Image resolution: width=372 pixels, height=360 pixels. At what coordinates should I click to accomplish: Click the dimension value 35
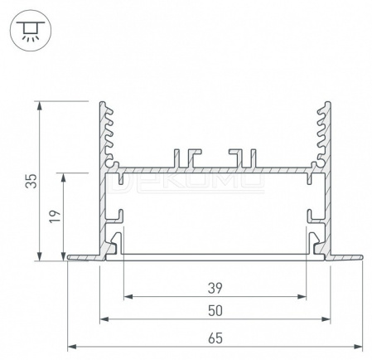[x=31, y=181]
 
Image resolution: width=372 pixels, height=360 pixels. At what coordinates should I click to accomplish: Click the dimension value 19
[x=55, y=216]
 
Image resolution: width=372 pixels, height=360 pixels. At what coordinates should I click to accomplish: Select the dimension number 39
[x=215, y=288]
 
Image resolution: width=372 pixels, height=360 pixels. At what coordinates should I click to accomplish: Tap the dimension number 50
[x=215, y=311]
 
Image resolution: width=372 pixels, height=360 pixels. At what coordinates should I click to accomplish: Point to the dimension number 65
[x=215, y=338]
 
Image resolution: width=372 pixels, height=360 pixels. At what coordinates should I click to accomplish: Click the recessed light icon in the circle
[x=31, y=31]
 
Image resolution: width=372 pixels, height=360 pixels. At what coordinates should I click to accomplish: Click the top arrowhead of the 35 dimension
[x=40, y=106]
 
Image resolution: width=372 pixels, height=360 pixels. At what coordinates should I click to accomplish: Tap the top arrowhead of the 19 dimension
[x=64, y=178]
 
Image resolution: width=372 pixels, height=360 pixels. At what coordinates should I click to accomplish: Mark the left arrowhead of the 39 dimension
[x=128, y=297]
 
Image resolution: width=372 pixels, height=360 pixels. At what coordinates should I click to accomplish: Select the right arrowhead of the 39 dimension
[x=302, y=297]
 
